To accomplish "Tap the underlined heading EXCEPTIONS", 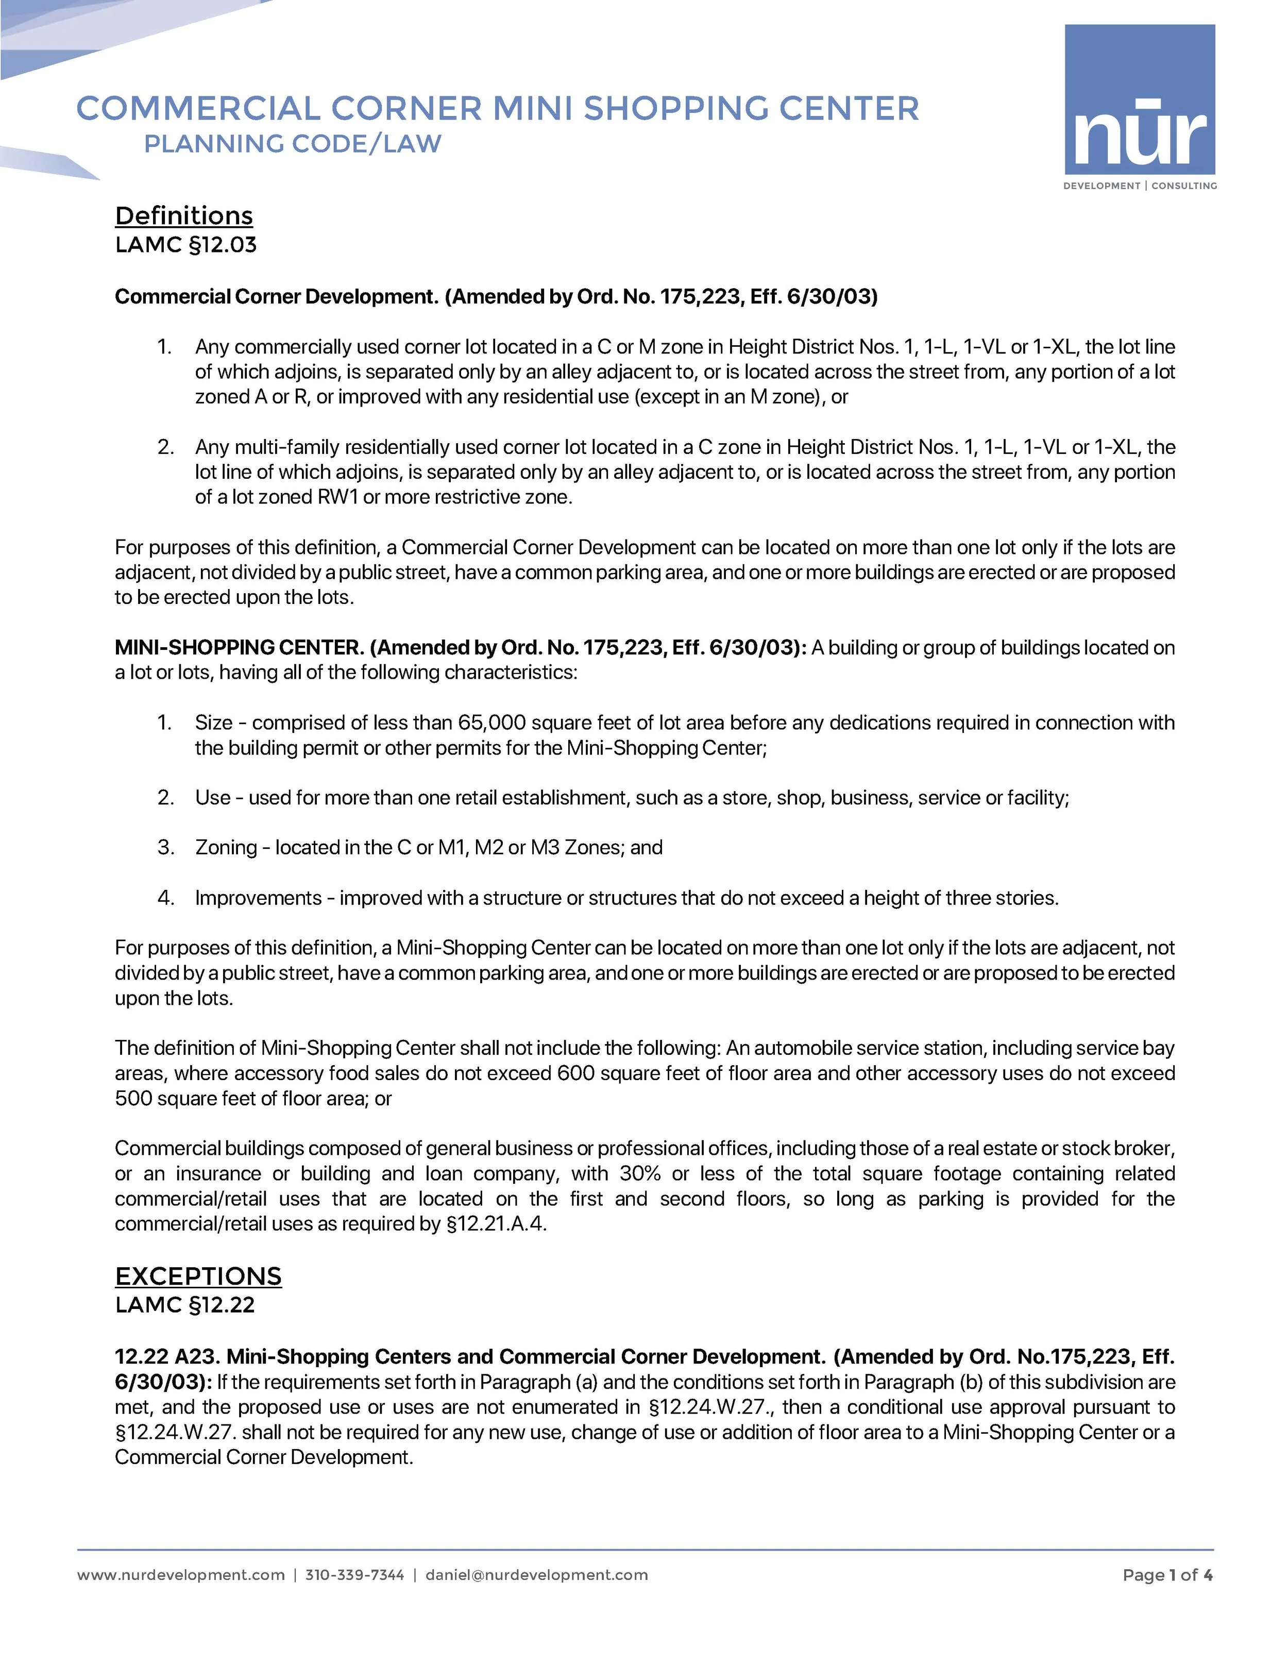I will pos(198,1276).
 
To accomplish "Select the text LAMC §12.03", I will pos(186,245).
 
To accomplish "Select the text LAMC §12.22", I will pos(185,1305).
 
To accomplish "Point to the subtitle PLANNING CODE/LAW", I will pos(292,144).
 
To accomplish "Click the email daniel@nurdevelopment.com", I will pos(537,1575).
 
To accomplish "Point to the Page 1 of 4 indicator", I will pos(1167,1575).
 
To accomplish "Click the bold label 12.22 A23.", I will pos(166,1356).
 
